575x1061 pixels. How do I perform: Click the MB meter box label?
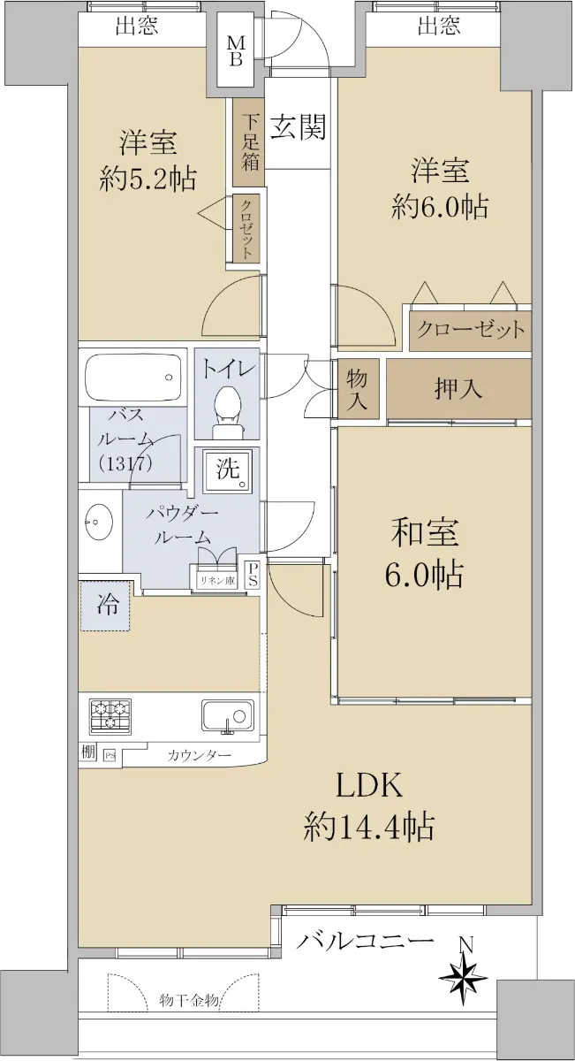(236, 51)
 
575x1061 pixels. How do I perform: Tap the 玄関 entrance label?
(299, 127)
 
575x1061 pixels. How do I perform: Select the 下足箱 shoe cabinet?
(248, 141)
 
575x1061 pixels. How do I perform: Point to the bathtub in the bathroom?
(133, 377)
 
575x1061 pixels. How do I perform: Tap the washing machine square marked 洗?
(229, 469)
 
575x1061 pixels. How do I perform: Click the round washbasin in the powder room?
(99, 522)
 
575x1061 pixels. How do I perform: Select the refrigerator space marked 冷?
(104, 606)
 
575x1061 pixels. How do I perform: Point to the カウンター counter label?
(199, 755)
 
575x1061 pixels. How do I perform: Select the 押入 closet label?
(458, 389)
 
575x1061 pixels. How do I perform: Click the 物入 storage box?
(359, 389)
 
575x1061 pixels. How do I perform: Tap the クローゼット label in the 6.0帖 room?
(471, 329)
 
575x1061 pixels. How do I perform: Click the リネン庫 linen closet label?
(217, 581)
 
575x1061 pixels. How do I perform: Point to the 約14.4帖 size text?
(368, 827)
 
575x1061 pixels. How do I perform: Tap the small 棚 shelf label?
(88, 752)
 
